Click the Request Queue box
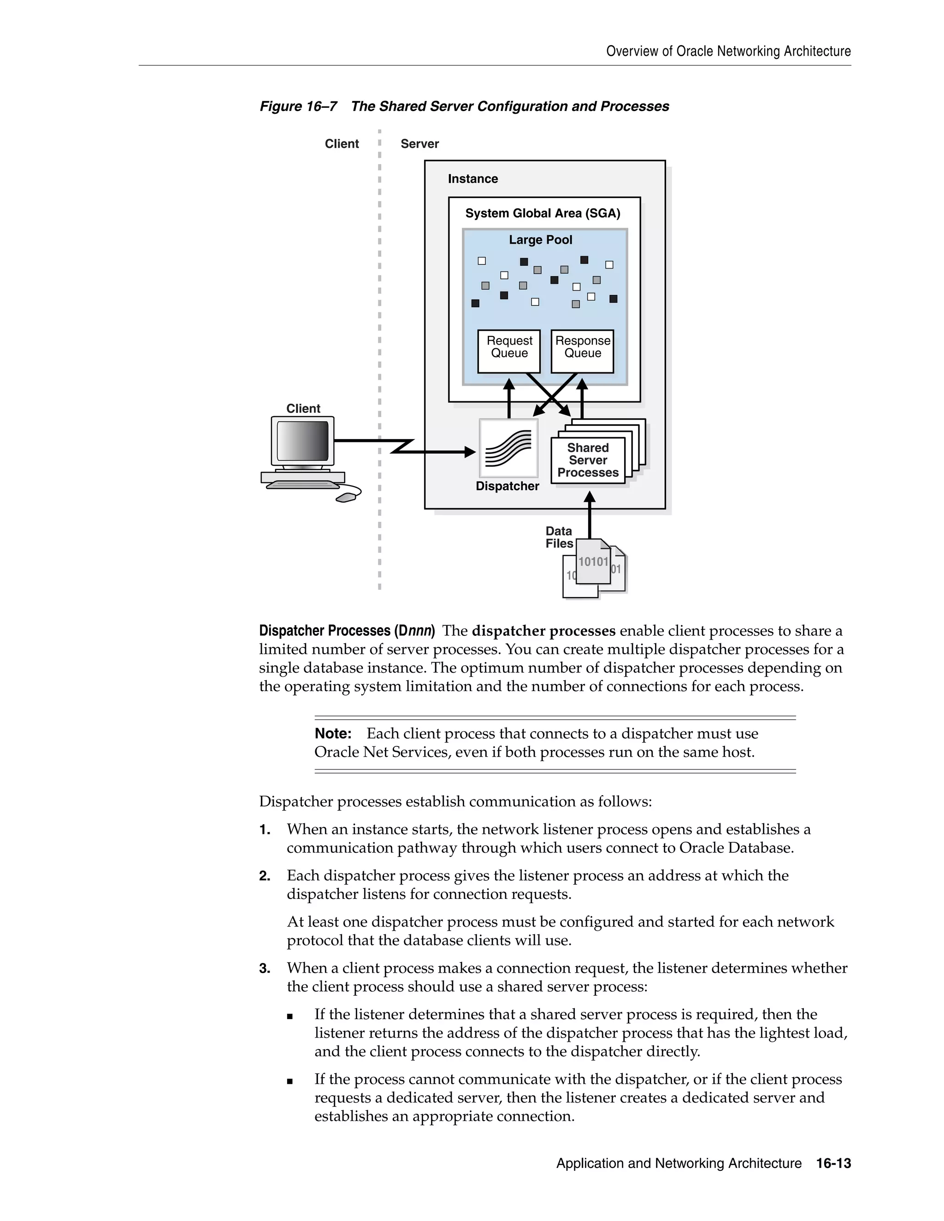tap(509, 351)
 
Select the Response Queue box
tap(582, 351)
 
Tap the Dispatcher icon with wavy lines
tap(508, 448)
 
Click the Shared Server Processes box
tap(588, 460)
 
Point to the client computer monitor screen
tap(302, 440)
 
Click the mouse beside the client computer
tap(348, 496)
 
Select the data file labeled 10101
tap(593, 562)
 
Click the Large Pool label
tap(540, 240)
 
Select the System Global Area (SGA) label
tap(543, 214)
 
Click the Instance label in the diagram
tap(472, 179)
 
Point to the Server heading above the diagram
tap(419, 144)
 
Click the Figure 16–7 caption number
tap(298, 106)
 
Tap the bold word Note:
tap(333, 733)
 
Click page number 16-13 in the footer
tap(833, 1163)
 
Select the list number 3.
tap(265, 969)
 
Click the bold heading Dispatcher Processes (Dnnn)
tap(347, 631)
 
